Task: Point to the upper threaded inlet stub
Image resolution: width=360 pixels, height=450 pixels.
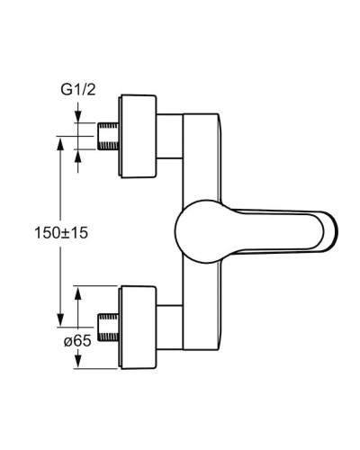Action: point(107,135)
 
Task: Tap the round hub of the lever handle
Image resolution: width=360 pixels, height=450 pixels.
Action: point(198,232)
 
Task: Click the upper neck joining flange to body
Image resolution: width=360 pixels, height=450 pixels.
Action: point(171,137)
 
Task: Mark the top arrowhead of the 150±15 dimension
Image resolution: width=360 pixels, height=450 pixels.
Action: point(60,140)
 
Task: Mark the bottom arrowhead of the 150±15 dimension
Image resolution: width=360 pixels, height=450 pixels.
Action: point(60,322)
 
